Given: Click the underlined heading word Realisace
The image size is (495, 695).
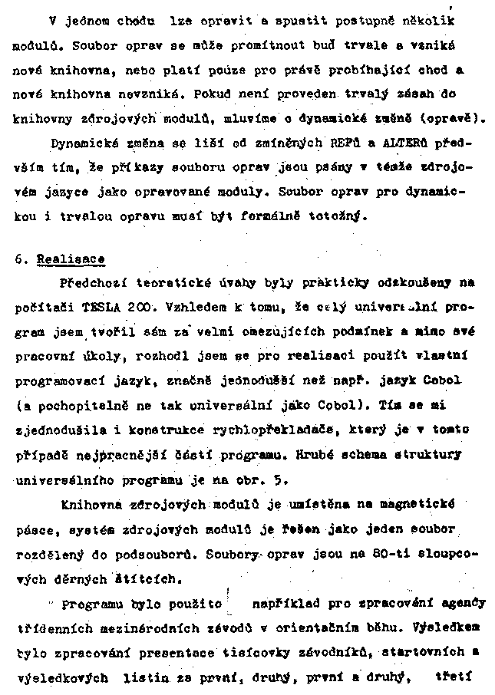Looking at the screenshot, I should pyautogui.click(x=71, y=260).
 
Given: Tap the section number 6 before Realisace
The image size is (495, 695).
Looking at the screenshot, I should pyautogui.click(x=18, y=260).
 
